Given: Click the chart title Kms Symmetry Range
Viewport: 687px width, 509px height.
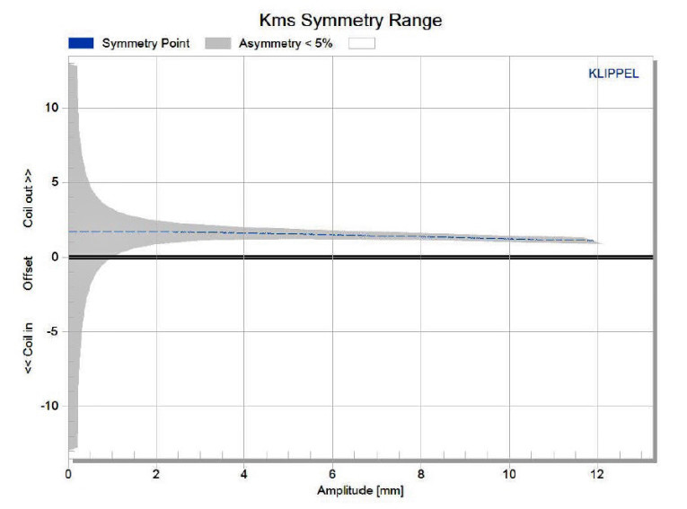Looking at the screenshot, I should click(349, 19).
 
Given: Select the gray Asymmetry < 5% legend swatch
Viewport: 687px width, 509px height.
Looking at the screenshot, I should click(217, 43).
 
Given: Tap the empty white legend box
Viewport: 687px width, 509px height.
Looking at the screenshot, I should click(357, 43).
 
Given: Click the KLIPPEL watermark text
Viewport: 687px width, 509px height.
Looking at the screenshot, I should click(613, 74).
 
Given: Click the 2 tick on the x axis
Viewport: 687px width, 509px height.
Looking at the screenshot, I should click(157, 473).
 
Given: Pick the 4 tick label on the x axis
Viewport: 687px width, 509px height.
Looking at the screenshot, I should click(245, 473).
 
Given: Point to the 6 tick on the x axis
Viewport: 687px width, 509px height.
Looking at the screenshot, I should click(333, 473).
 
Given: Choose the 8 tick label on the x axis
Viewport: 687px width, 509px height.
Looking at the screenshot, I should click(421, 473).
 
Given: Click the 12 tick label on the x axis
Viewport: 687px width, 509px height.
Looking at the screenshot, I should click(597, 473).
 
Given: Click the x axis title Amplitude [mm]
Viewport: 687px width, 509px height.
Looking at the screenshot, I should click(355, 491).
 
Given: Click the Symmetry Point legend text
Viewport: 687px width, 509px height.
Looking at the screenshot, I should click(145, 43).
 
